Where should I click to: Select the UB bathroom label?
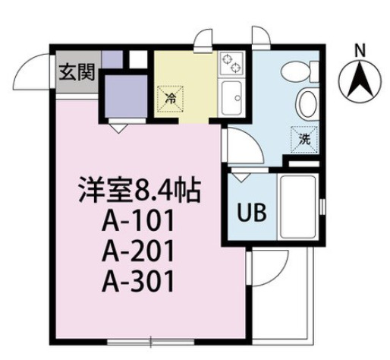coord(253,212)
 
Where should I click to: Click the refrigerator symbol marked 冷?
coord(171,98)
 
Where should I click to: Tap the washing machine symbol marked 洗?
coord(304,137)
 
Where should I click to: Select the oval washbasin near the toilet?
coord(304,104)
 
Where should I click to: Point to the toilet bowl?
coord(291,73)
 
